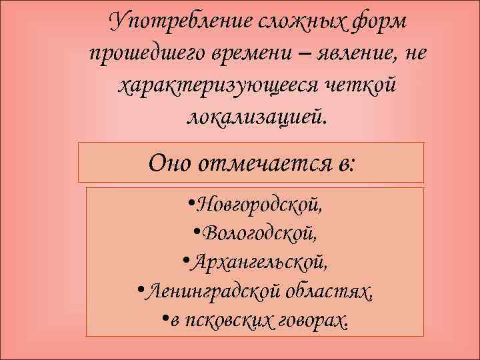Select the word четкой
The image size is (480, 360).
(x=359, y=87)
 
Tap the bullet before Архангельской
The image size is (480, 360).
(x=184, y=262)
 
